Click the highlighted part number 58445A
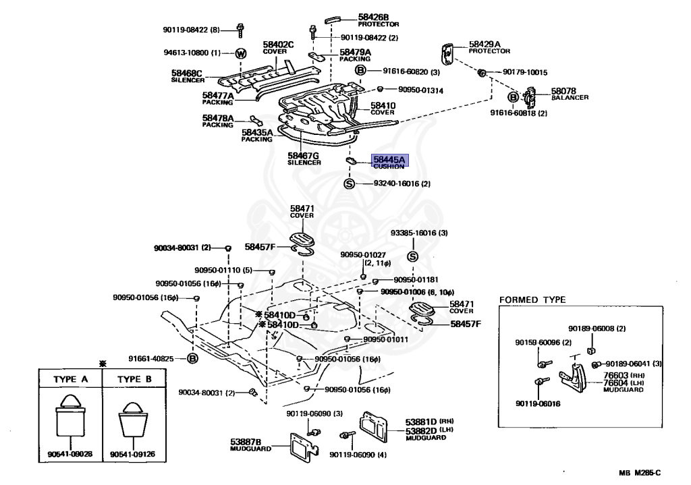coord(389,160)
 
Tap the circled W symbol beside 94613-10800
coord(240,53)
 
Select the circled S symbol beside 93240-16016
coord(350,183)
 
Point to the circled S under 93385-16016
coord(414,256)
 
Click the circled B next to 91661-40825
coord(192,358)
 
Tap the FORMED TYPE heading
coord(532,299)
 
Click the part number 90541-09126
coord(133,454)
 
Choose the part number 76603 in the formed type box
coord(616,375)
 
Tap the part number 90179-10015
coord(524,72)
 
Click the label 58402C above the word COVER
coord(278,45)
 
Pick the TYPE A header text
coord(70,379)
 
